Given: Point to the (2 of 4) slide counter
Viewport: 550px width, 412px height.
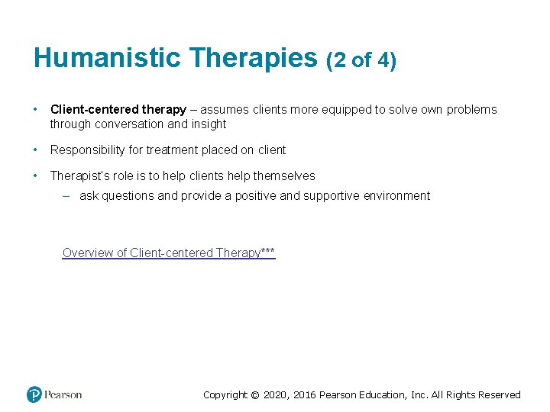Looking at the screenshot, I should [361, 60].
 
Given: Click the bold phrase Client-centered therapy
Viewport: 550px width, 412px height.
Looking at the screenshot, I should [118, 110].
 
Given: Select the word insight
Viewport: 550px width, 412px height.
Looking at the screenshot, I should [209, 124].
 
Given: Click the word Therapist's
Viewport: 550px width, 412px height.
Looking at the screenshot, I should [79, 175].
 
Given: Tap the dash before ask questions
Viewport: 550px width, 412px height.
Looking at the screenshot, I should [66, 196].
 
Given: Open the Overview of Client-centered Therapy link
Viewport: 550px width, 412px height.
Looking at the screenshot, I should [168, 253].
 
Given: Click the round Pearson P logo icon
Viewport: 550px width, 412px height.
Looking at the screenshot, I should [34, 394].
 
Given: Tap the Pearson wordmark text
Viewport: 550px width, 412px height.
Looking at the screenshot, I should [63, 394].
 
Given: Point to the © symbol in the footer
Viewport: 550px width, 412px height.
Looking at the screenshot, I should [256, 395].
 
